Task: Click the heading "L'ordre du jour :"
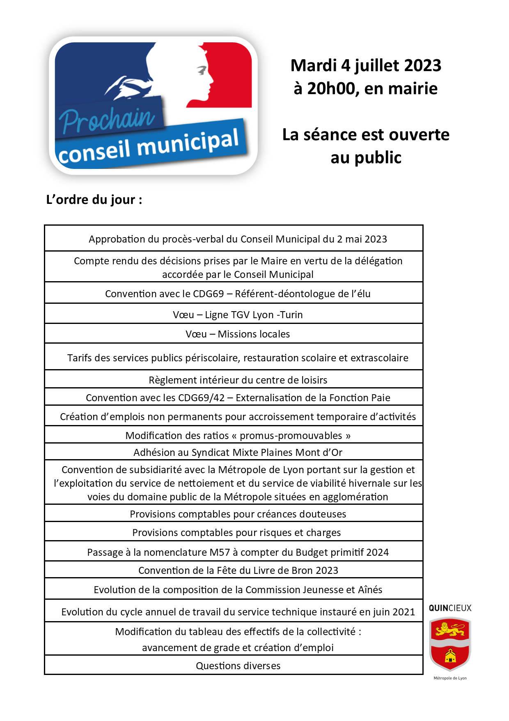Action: tap(94, 200)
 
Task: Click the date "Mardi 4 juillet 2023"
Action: tap(366, 65)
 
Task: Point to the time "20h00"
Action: tap(332, 88)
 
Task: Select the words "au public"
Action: tap(366, 157)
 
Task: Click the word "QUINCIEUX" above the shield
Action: tap(450, 608)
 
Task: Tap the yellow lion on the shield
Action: tap(449, 629)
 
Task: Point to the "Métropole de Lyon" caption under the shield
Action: tap(450, 678)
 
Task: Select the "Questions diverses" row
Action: tap(238, 666)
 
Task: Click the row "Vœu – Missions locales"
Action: tap(238, 334)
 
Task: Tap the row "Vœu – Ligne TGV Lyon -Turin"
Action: tap(238, 315)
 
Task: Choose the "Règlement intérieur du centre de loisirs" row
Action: tap(238, 380)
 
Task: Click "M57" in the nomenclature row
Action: tap(220, 552)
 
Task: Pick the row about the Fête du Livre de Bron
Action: tap(238, 571)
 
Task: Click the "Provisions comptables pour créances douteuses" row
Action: tap(238, 514)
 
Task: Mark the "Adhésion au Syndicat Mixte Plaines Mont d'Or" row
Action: tap(238, 453)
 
